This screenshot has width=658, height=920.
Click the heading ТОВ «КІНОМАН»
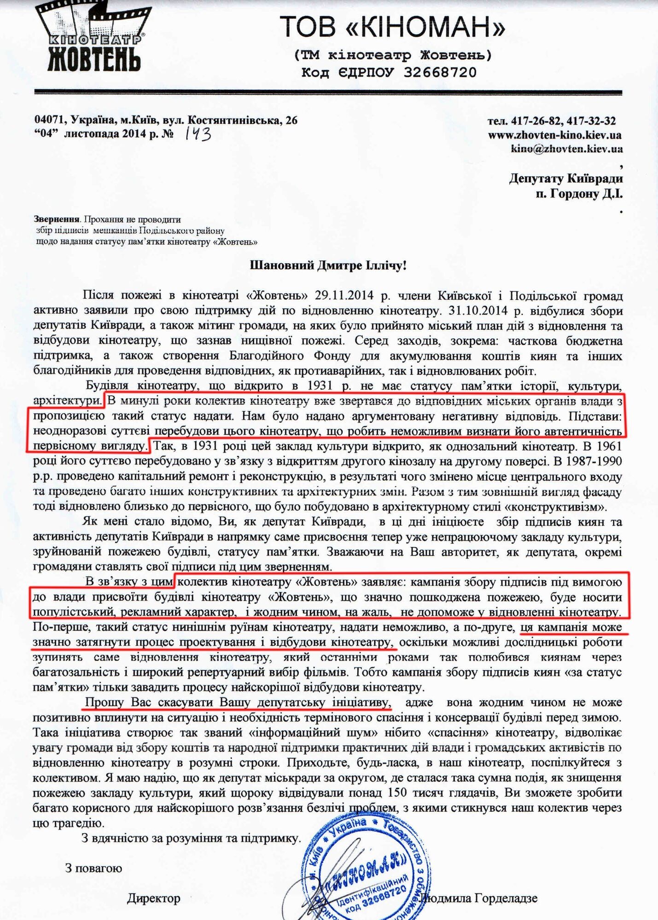tap(393, 27)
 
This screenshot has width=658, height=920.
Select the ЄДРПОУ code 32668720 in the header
tap(440, 72)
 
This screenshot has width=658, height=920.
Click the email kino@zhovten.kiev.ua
tap(566, 149)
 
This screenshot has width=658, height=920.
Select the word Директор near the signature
tap(153, 898)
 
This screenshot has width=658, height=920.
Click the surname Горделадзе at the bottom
tap(506, 898)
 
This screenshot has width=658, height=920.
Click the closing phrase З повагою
tap(93, 868)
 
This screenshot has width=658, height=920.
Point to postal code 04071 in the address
tap(48, 121)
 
